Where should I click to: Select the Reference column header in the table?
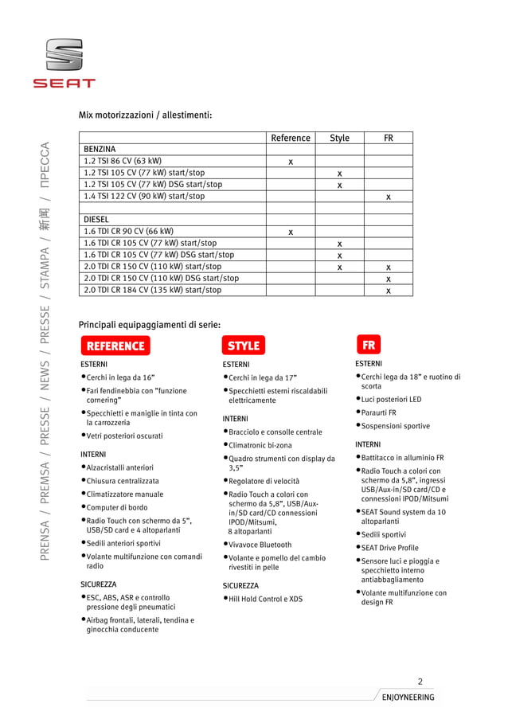tap(290, 138)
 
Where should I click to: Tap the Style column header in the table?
tap(339, 138)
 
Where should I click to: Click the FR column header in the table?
tap(388, 138)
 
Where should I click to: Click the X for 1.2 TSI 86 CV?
tap(291, 162)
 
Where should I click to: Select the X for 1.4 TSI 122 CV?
tap(389, 197)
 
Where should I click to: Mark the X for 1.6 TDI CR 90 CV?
tap(291, 232)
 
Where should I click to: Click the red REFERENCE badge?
tap(115, 346)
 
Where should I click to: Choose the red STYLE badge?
tap(244, 346)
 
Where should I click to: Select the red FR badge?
tap(369, 346)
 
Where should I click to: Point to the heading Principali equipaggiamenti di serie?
tap(150, 325)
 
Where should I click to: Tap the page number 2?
tap(420, 681)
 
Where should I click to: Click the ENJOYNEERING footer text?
tap(408, 698)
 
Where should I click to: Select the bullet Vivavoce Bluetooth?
tap(260, 545)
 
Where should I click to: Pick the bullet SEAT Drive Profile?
tap(389, 548)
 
